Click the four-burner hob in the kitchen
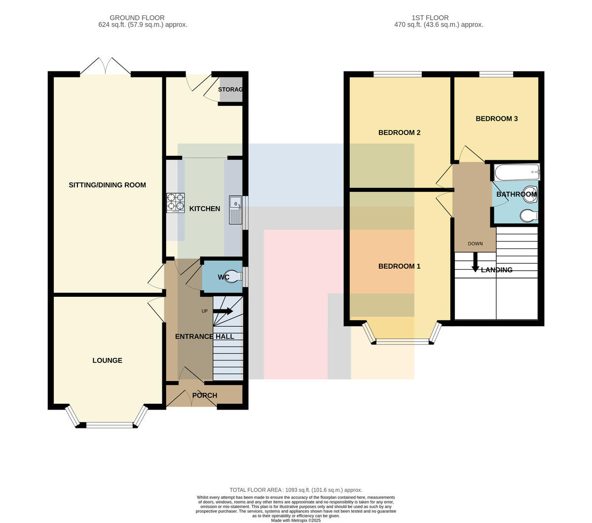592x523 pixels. coord(175,203)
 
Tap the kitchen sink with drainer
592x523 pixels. coord(235,209)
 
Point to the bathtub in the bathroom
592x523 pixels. coord(517,172)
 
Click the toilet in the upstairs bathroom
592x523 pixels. coord(529,216)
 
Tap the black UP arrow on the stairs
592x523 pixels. coord(223,311)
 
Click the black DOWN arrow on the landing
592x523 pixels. coord(476,262)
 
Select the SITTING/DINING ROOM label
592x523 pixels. coord(107,185)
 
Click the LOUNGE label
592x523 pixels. coord(107,360)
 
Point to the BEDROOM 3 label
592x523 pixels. coord(496,119)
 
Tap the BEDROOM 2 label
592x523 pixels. coord(399,133)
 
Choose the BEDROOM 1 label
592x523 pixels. coord(399,266)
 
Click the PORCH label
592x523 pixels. coord(205,395)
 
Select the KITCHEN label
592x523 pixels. coord(205,209)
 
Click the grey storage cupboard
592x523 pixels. coord(231,89)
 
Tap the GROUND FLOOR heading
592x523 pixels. coord(137,18)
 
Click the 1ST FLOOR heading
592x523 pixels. coord(430,18)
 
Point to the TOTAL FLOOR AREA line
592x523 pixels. coord(296,489)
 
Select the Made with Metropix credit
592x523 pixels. coord(296,521)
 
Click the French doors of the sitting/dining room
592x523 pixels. coord(105,66)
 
